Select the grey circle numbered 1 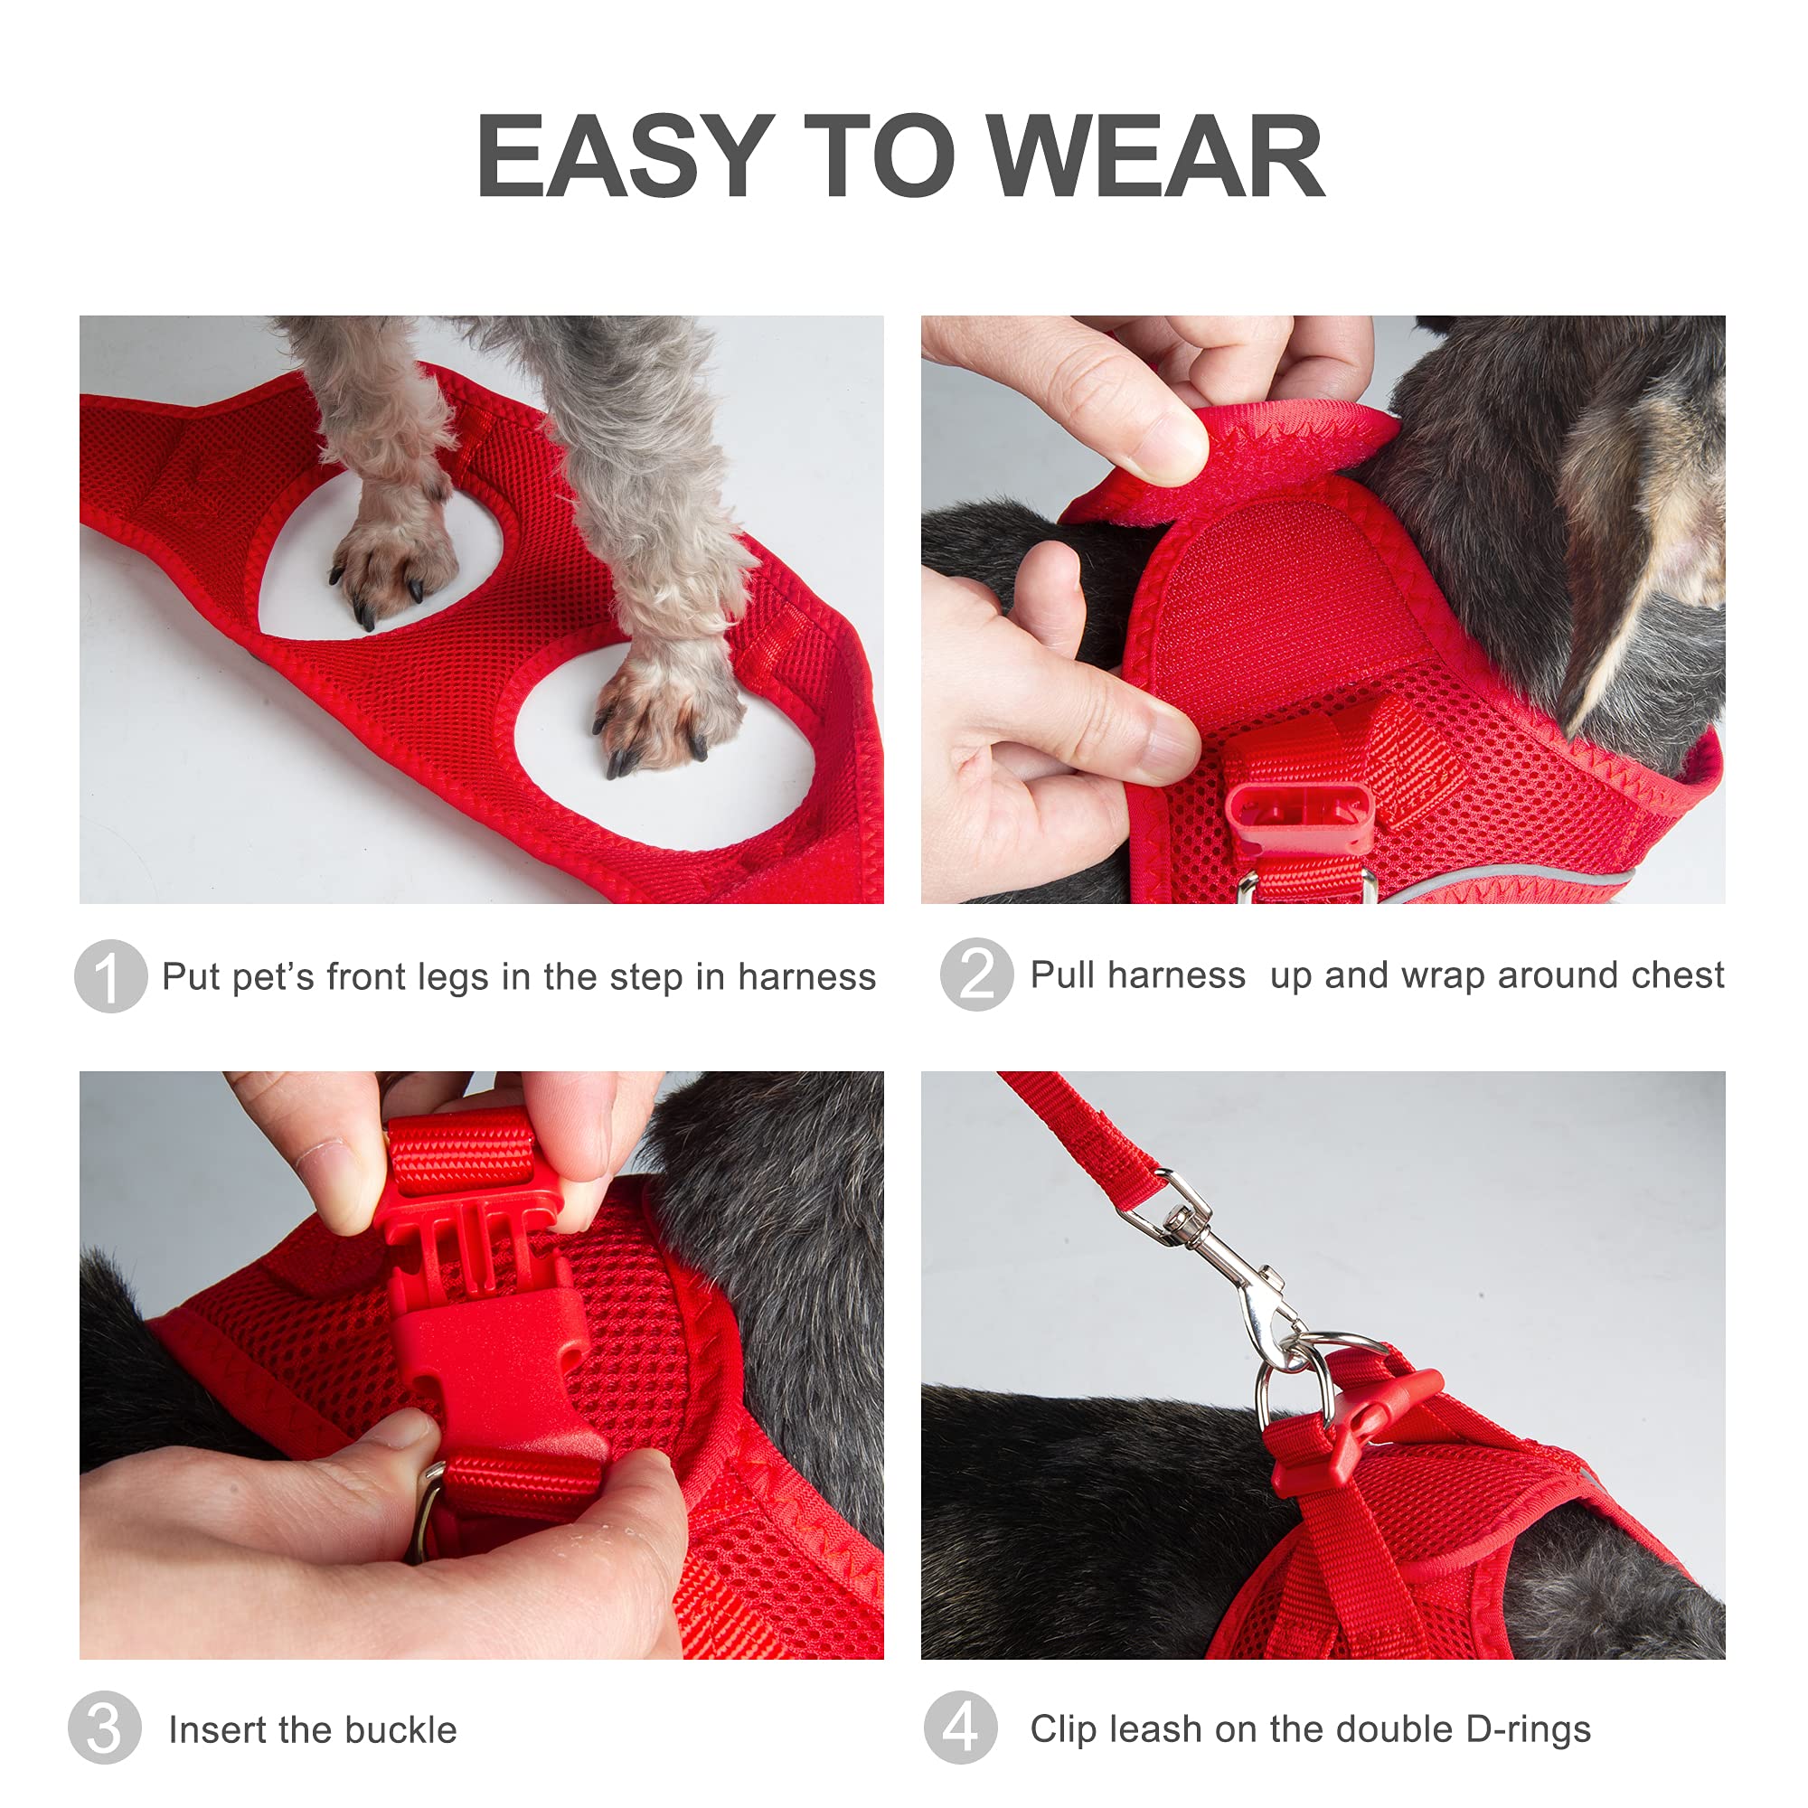[110, 976]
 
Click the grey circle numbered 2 [976, 975]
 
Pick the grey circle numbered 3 [104, 1728]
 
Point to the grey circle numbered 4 [959, 1728]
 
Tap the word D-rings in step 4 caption [1527, 1729]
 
